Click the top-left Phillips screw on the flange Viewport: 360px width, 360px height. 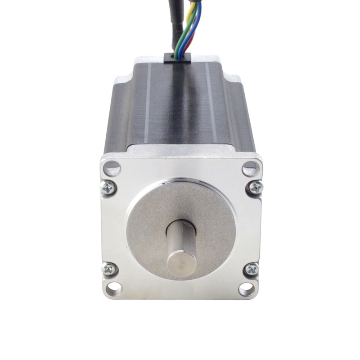pos(109,187)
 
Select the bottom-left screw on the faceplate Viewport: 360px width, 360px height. pos(109,269)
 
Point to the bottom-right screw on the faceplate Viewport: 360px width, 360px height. pos(252,270)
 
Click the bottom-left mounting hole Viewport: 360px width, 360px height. pos(112,286)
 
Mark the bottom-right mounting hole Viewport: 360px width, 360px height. pos(247,287)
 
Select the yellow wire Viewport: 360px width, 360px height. pos(193,13)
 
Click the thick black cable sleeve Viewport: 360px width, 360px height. pos(175,22)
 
